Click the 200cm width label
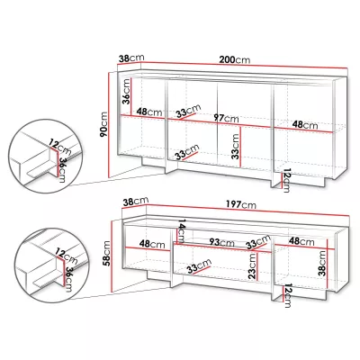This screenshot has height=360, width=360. (x=234, y=59)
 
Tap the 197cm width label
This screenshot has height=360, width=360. (x=241, y=204)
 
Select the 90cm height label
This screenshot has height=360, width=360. (x=103, y=124)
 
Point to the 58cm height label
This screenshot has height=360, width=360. (x=107, y=254)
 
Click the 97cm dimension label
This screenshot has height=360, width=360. (x=226, y=119)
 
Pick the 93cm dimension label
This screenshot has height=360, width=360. (x=222, y=242)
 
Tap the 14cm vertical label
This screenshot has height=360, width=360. (x=182, y=231)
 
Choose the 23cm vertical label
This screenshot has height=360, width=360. (x=252, y=266)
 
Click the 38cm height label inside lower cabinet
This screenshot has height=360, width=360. (x=322, y=263)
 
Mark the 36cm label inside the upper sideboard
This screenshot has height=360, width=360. (x=127, y=91)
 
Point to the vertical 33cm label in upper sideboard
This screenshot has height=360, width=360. (x=236, y=146)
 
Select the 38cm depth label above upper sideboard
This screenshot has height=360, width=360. (x=131, y=58)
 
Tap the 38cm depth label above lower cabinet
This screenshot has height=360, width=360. (x=136, y=202)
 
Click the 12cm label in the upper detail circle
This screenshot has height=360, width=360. (x=60, y=147)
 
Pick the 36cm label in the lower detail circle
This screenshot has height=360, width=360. (x=69, y=279)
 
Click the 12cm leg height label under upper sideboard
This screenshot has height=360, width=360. (x=286, y=181)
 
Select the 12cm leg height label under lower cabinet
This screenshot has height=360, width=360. (x=287, y=296)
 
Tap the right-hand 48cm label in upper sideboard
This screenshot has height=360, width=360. (x=305, y=124)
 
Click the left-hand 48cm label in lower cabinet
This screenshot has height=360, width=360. (x=152, y=244)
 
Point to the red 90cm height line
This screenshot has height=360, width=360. (x=110, y=125)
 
